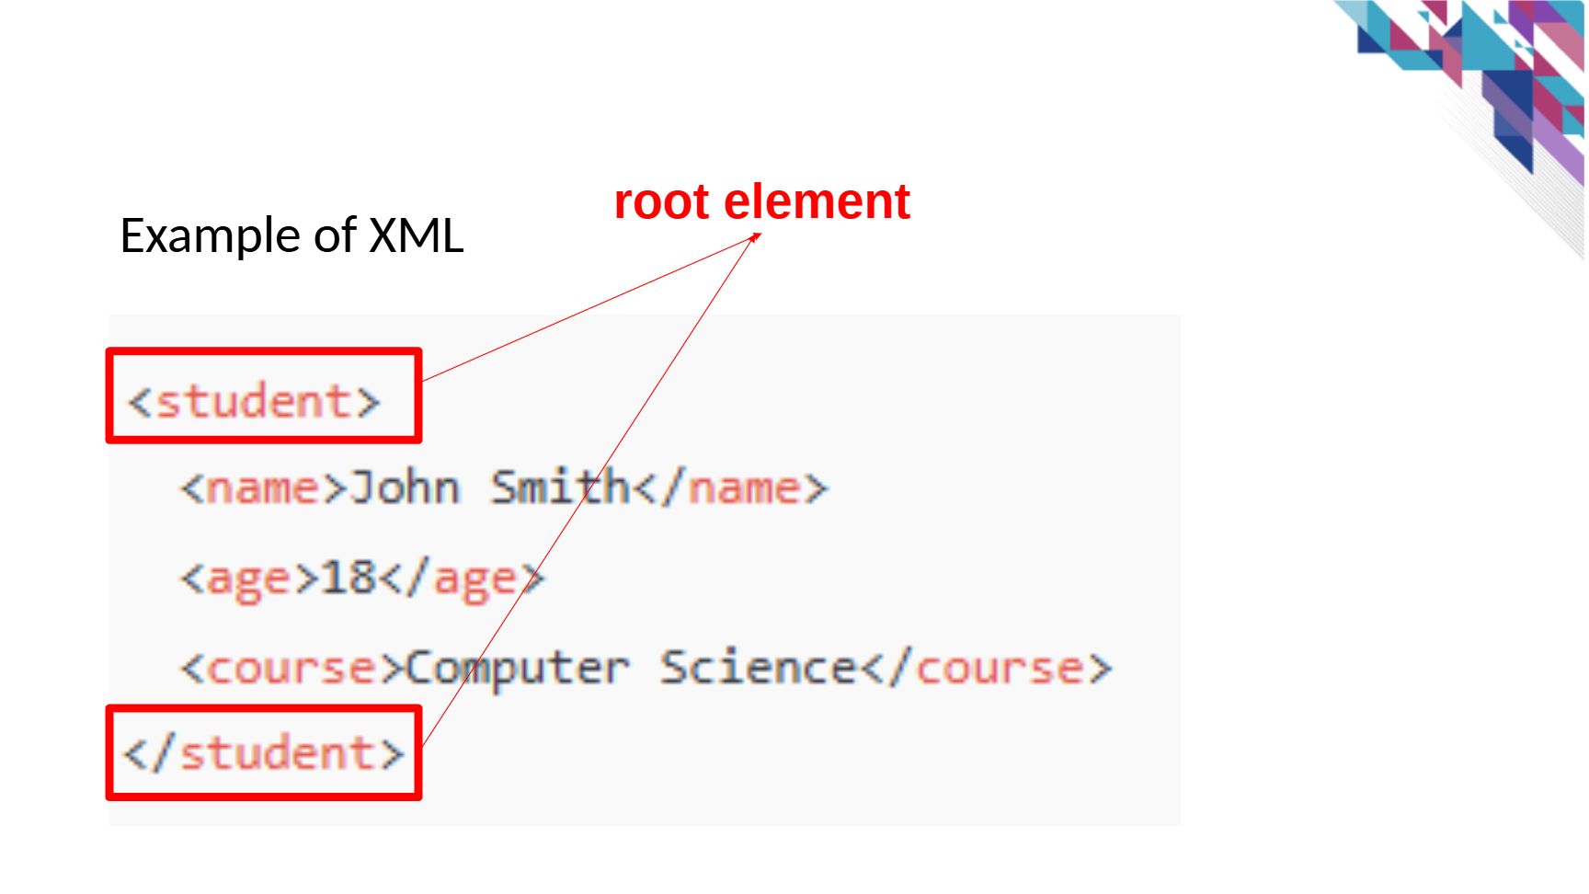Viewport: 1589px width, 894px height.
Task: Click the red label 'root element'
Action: click(x=761, y=201)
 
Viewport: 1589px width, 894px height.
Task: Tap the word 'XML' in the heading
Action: click(x=416, y=235)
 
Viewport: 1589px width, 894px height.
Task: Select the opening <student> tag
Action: click(x=254, y=402)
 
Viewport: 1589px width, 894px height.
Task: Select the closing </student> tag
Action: click(x=264, y=753)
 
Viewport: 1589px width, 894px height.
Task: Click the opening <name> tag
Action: click(x=264, y=487)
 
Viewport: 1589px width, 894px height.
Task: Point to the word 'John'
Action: click(x=405, y=487)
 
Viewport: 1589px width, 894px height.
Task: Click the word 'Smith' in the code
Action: click(x=560, y=487)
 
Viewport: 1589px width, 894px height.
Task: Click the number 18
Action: click(x=349, y=578)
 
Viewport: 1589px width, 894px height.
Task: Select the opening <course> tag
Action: click(x=292, y=669)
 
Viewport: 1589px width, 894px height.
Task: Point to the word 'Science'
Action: click(x=759, y=667)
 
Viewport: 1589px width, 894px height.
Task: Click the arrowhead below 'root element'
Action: click(x=755, y=237)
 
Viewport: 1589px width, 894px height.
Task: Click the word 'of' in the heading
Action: click(x=335, y=235)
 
